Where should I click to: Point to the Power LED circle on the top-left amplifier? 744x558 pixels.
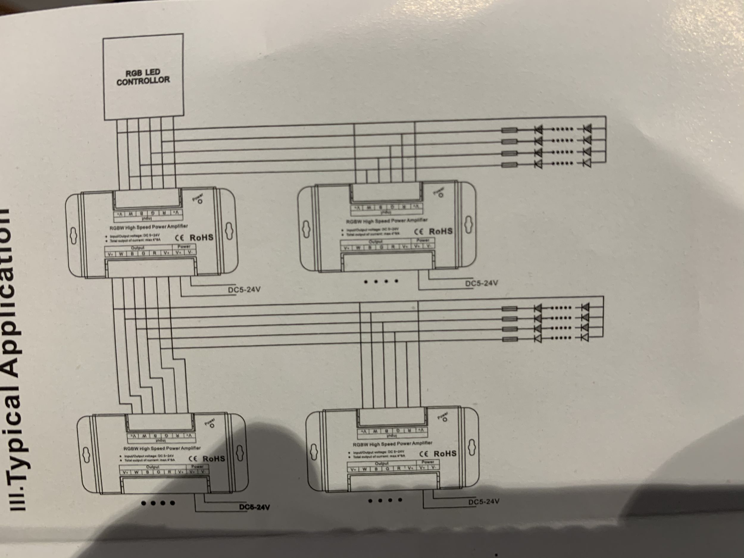point(200,201)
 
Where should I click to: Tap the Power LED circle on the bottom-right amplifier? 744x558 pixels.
point(445,419)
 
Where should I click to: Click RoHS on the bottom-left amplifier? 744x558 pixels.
point(214,458)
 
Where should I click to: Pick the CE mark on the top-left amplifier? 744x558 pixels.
point(180,238)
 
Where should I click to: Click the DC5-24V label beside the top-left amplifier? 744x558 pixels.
point(244,289)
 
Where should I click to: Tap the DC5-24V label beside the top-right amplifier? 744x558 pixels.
point(481,283)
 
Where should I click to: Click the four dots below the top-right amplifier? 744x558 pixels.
point(381,281)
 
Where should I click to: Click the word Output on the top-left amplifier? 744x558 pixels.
point(137,248)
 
